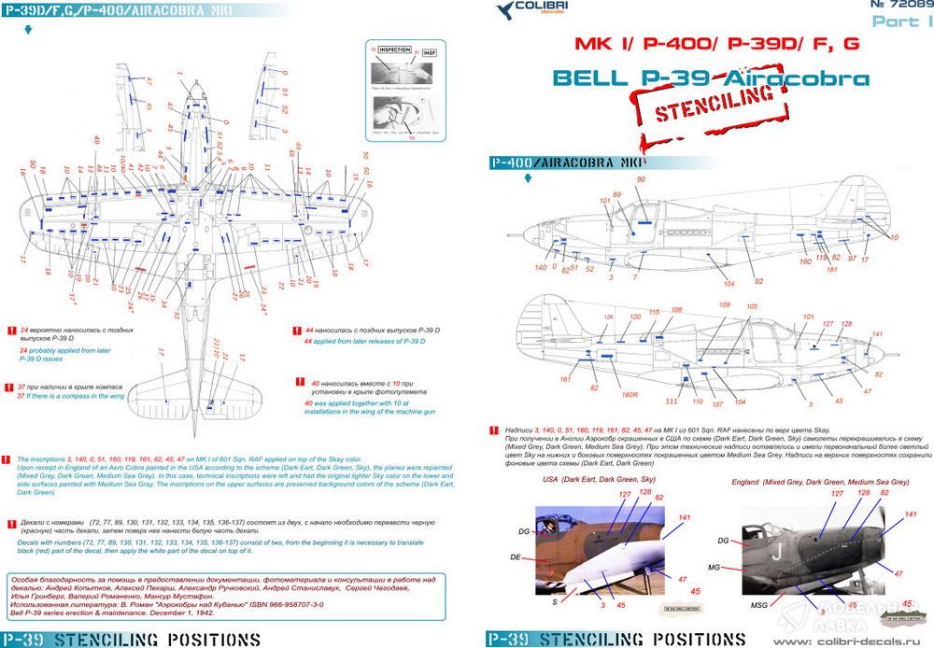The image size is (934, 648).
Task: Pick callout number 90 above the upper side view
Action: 641,179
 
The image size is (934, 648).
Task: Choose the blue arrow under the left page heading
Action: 29,29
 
